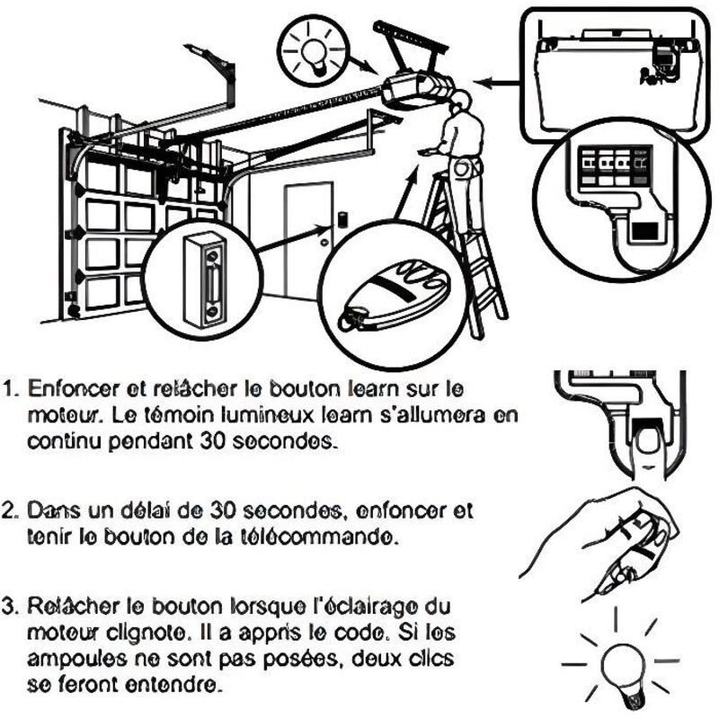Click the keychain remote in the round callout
[x=391, y=297]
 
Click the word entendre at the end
[x=171, y=686]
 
